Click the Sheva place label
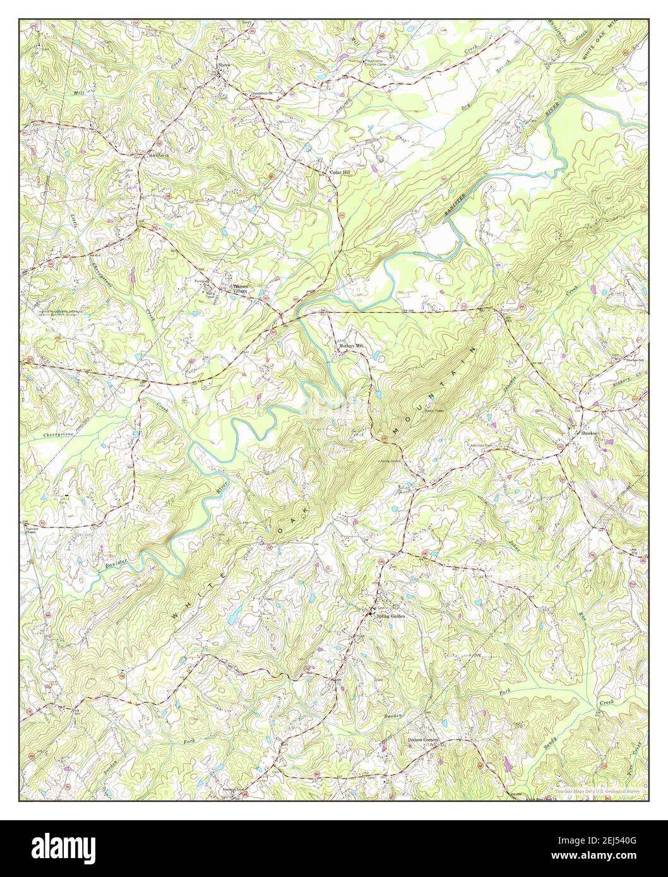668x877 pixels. pos(225,65)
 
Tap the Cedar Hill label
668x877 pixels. pos(338,172)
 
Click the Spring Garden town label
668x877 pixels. pos(389,616)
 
